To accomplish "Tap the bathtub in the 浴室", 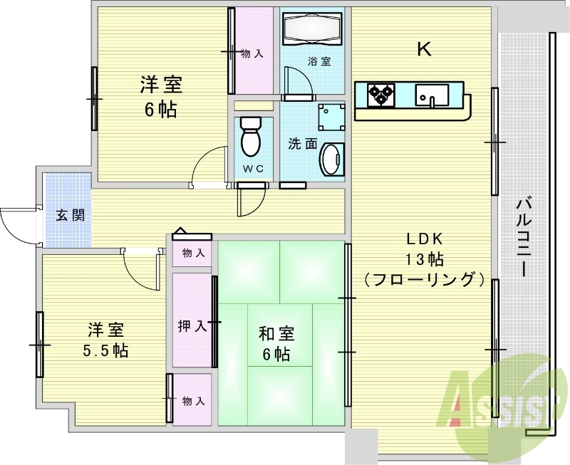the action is (x=312, y=28).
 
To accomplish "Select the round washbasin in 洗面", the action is (x=332, y=159).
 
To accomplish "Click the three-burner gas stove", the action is (x=381, y=95).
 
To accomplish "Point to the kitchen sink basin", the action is (x=432, y=95).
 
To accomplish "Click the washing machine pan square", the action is (x=331, y=117).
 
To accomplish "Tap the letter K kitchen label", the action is (x=423, y=49).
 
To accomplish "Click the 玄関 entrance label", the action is (x=70, y=216).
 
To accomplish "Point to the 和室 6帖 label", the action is (x=276, y=344).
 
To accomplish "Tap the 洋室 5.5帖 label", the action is (x=105, y=340).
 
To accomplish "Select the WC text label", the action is (x=253, y=169).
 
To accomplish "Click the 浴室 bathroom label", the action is (x=319, y=61).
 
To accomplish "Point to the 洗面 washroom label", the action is (x=303, y=144).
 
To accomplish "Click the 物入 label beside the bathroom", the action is (x=252, y=54).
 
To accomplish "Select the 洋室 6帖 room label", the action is (x=161, y=96).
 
